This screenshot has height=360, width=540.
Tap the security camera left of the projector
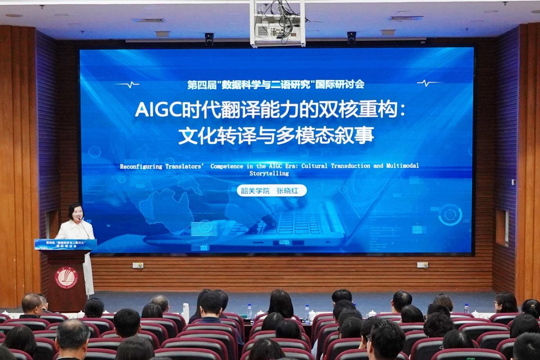pyautogui.click(x=209, y=38)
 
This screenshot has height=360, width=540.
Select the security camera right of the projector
pyautogui.click(x=351, y=37)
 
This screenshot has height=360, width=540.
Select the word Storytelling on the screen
pyautogui.click(x=269, y=173)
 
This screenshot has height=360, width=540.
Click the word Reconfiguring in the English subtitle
pyautogui.click(x=141, y=166)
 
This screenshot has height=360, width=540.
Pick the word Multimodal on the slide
pyautogui.click(x=402, y=166)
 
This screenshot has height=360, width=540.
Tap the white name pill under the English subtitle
pyautogui.click(x=271, y=191)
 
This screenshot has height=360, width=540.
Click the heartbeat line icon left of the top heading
pyautogui.click(x=127, y=84)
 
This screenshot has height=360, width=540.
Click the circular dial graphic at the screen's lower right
pyautogui.click(x=450, y=215)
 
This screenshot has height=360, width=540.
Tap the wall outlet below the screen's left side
pyautogui.click(x=138, y=265)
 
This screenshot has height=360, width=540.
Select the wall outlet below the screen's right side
pyautogui.click(x=422, y=265)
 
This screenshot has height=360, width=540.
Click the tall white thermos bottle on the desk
pyautogui.click(x=186, y=311)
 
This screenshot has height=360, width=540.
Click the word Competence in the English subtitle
pyautogui.click(x=227, y=166)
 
